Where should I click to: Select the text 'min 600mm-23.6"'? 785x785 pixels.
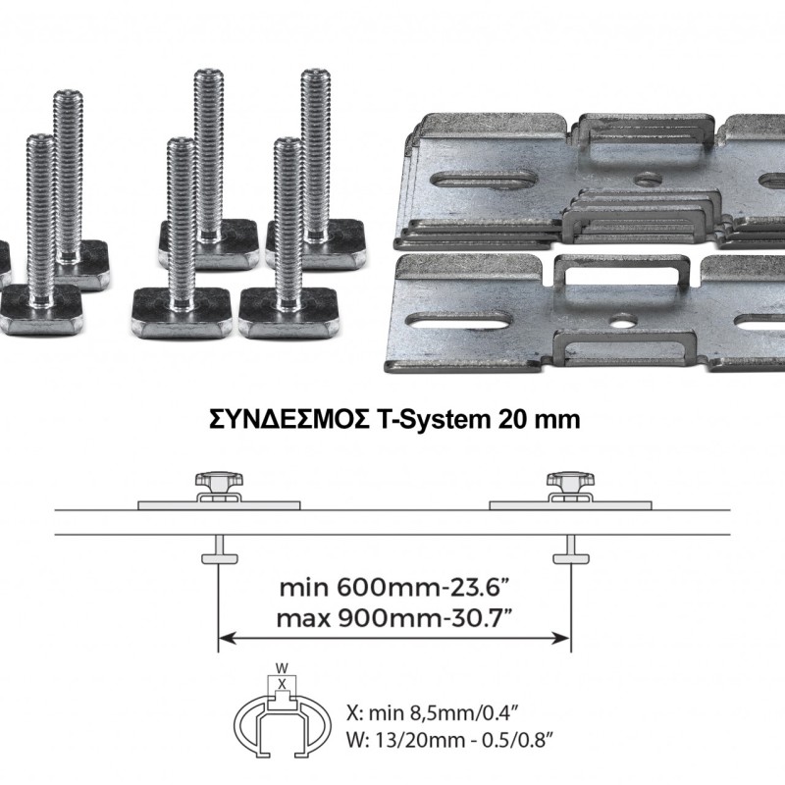point(391,587)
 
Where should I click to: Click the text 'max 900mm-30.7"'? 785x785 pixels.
point(394,619)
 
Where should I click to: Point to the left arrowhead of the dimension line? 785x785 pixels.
point(228,638)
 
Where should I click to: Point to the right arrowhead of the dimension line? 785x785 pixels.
point(561,638)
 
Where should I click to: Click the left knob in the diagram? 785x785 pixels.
point(219,483)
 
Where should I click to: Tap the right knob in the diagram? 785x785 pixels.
point(571,483)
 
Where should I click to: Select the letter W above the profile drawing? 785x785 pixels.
point(283,668)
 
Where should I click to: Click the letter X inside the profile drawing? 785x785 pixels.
point(283,684)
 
